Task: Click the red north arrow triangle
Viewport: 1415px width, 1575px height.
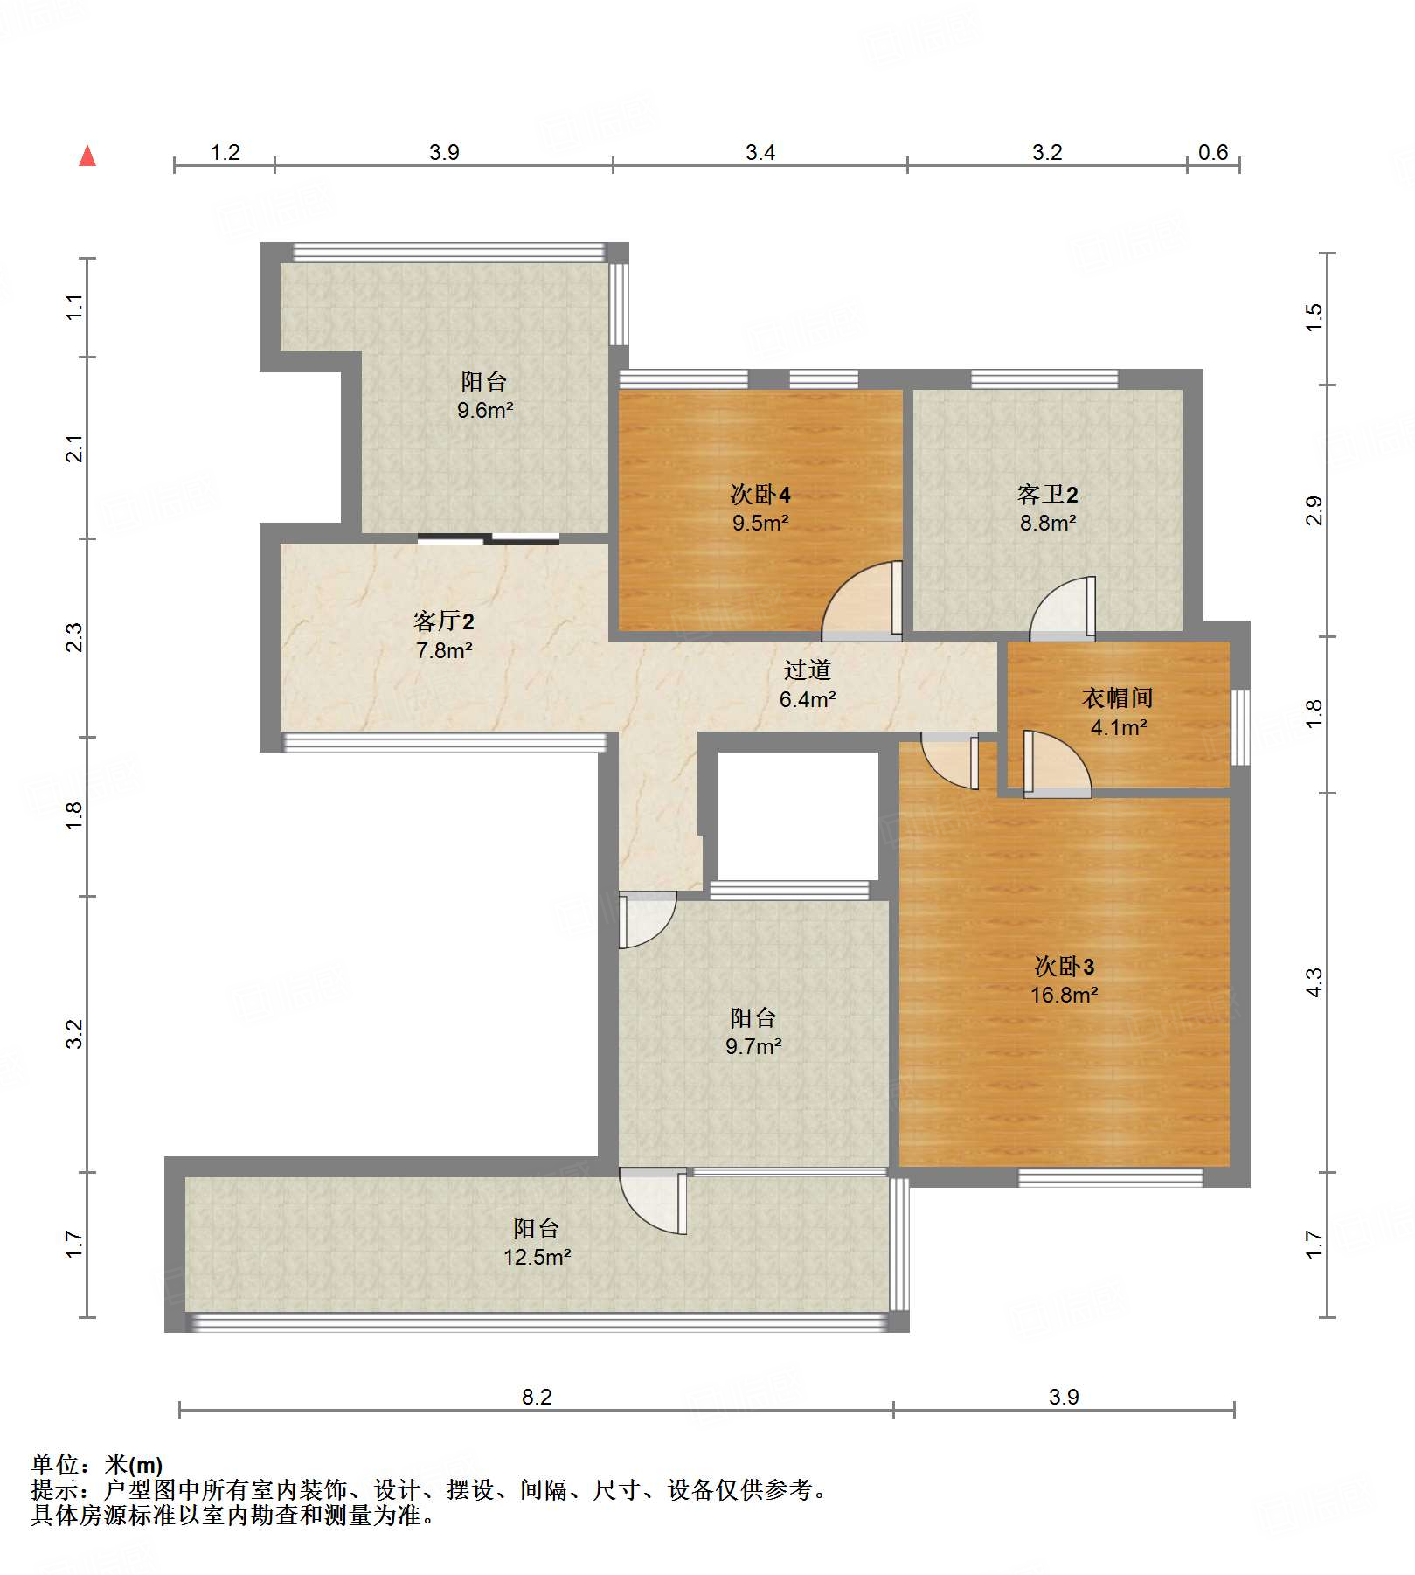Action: [x=87, y=156]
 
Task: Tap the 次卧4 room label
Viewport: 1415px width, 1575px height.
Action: [x=760, y=495]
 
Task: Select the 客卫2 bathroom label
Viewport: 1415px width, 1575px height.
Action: [x=1047, y=495]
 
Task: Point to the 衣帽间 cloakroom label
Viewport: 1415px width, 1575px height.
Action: [x=1118, y=697]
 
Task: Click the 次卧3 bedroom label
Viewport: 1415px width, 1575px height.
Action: [x=1064, y=966]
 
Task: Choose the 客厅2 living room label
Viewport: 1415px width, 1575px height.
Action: [x=444, y=621]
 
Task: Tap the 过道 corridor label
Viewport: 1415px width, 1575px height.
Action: [x=807, y=670]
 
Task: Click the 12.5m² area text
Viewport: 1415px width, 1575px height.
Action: [x=537, y=1257]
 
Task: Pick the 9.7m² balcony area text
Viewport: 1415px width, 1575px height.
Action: [x=753, y=1045]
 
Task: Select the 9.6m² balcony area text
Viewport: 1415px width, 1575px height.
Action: [x=484, y=409]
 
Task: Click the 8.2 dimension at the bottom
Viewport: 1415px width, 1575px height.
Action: [x=537, y=1396]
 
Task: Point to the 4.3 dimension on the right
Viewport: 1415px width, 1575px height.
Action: [x=1314, y=982]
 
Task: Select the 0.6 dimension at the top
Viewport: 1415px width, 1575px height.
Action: [x=1213, y=152]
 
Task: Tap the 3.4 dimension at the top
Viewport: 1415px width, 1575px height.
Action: [x=760, y=152]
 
